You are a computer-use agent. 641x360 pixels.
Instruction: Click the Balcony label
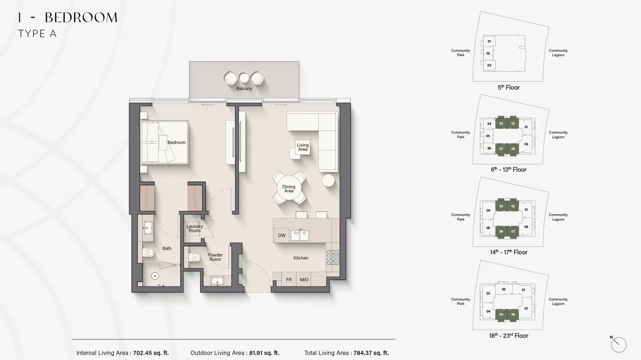click(x=244, y=89)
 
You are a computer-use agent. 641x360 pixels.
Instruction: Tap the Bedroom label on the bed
click(x=177, y=142)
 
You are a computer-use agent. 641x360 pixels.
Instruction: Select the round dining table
click(x=289, y=188)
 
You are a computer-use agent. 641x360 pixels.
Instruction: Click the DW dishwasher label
click(x=282, y=235)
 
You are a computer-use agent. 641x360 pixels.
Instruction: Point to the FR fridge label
click(x=289, y=280)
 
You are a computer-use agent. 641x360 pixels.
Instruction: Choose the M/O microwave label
click(x=304, y=280)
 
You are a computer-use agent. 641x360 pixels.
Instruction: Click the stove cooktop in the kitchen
click(x=332, y=257)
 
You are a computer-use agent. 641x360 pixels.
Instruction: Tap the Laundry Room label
click(x=194, y=228)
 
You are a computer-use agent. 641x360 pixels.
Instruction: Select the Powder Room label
click(x=215, y=257)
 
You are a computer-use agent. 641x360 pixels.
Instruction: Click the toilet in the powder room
click(x=194, y=257)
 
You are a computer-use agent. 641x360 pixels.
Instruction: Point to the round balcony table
click(x=244, y=77)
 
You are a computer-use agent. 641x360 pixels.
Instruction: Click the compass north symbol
click(x=619, y=345)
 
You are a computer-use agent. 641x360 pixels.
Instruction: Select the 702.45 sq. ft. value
click(x=151, y=353)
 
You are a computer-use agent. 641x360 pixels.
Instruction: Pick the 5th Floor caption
click(x=508, y=87)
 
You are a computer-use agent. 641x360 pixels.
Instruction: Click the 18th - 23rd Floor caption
click(x=508, y=336)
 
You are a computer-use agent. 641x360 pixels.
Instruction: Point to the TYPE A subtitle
click(x=37, y=34)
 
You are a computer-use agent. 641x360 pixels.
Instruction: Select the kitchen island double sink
click(x=299, y=234)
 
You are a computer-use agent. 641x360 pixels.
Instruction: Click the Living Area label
click(x=303, y=147)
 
